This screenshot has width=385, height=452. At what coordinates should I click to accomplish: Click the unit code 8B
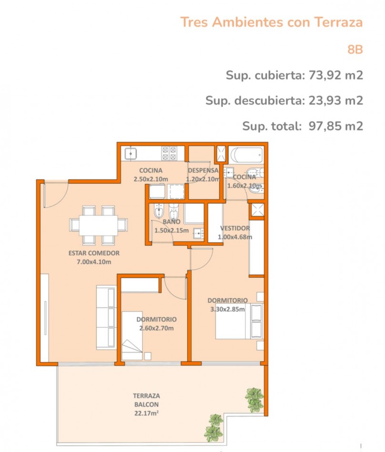pos(355,49)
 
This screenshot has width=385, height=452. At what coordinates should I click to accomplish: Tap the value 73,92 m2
pos(336,75)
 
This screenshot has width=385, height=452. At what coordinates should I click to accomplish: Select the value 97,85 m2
pos(336,126)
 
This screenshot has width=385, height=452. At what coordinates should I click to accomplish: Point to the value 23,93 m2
pos(336,100)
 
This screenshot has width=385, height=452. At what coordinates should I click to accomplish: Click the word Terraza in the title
pos(338,22)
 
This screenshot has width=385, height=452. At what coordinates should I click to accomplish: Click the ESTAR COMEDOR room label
pos(94,253)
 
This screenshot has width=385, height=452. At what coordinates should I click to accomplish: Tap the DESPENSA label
pos(203,170)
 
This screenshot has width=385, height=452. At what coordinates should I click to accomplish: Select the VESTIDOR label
pos(235,228)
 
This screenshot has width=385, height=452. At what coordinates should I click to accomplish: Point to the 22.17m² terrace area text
pos(146,413)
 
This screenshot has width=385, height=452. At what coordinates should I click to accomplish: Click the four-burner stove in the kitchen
pos(169,153)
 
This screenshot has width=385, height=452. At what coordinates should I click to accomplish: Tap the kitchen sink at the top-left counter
pos(131,154)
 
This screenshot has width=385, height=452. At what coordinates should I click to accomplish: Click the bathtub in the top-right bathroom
pos(247,155)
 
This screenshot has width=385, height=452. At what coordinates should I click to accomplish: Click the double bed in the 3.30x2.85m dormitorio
pos(240,321)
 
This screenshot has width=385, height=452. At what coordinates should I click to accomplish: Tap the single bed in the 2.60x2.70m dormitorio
pos(132,335)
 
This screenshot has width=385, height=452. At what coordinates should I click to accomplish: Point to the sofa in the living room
pos(106,317)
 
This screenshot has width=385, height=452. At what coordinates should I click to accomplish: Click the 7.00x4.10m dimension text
pos(94,262)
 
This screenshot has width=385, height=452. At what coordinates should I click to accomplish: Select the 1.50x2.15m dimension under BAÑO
pos(172,230)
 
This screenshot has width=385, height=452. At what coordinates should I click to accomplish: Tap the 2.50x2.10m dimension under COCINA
pos(151,179)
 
